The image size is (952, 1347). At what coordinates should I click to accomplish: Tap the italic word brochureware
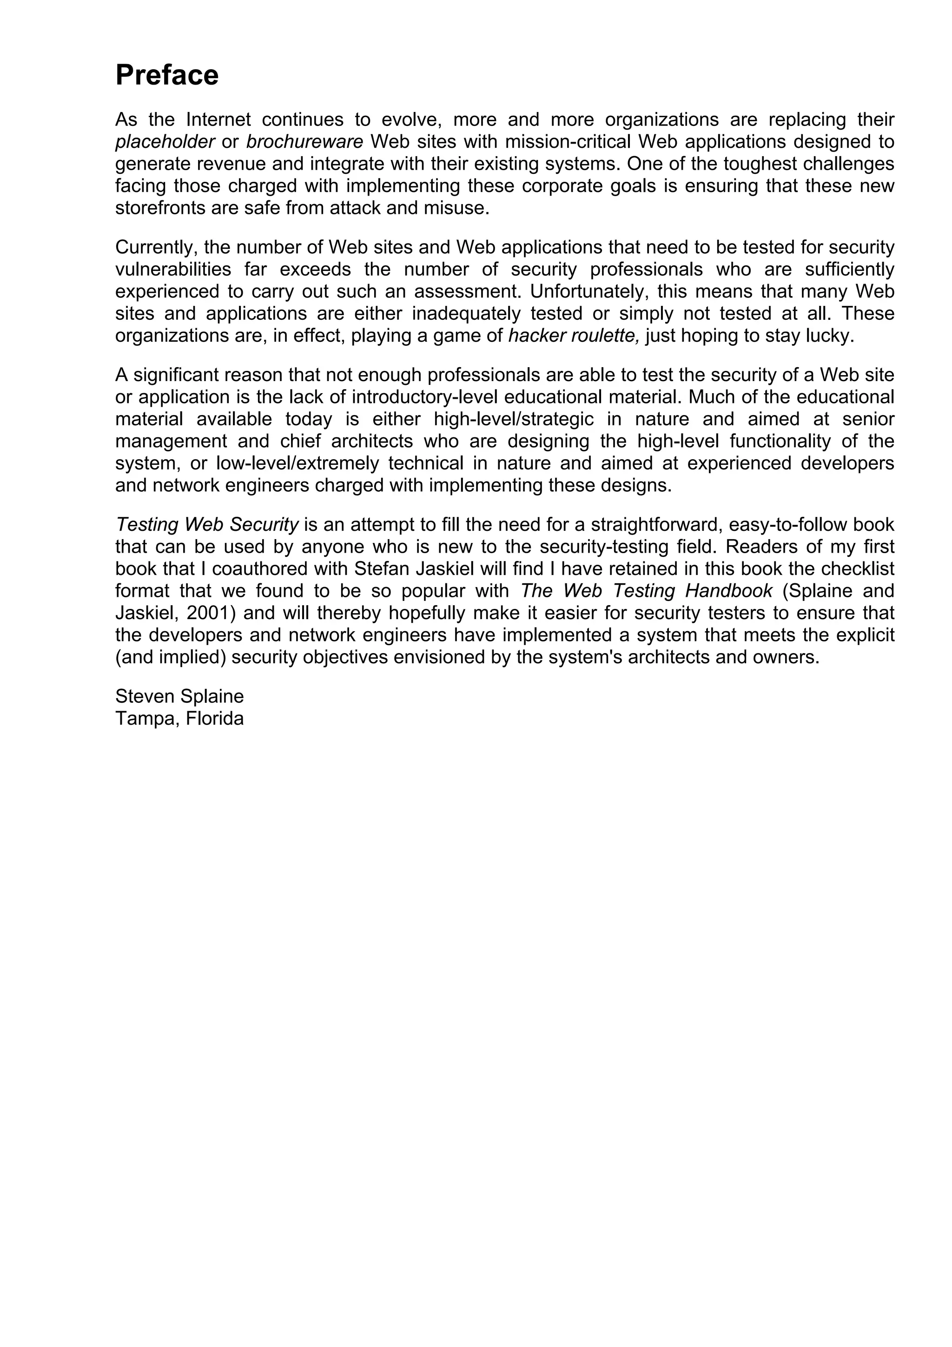coord(304,142)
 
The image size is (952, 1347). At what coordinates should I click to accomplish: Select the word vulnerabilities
coord(173,270)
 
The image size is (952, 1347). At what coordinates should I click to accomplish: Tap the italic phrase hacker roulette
coord(573,336)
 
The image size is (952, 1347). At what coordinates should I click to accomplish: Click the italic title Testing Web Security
coord(207,524)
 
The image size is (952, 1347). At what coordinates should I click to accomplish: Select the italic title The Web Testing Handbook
coord(647,591)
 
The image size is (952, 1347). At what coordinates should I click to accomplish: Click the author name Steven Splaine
coord(179,696)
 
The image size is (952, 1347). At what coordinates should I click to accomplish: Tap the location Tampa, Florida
coord(179,719)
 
